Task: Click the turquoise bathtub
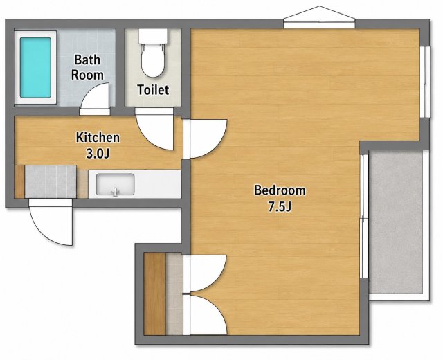pos(35,68)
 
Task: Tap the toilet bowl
pos(153,60)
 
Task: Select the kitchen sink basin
pos(115,184)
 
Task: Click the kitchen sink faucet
pos(115,192)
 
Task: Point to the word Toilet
pos(153,90)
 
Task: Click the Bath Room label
pos(87,68)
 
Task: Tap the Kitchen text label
pos(98,137)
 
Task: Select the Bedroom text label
pos(280,190)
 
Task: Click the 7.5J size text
pos(280,207)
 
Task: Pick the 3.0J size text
pos(98,154)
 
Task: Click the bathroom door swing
pos(95,96)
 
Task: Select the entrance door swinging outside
pos(51,222)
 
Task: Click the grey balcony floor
pos(395,222)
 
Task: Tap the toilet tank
pos(153,36)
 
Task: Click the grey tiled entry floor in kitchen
pos(51,181)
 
